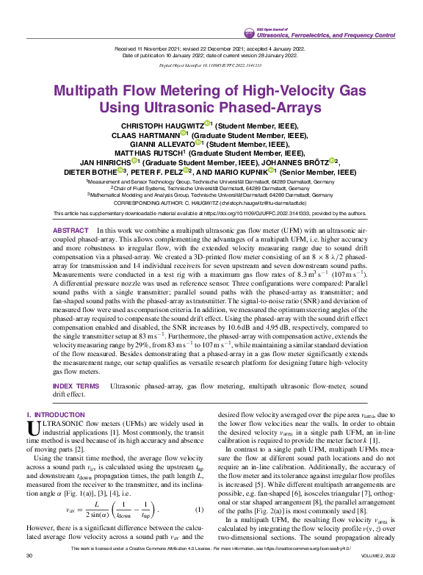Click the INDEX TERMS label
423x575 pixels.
point(76,386)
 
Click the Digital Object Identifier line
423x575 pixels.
point(210,65)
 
